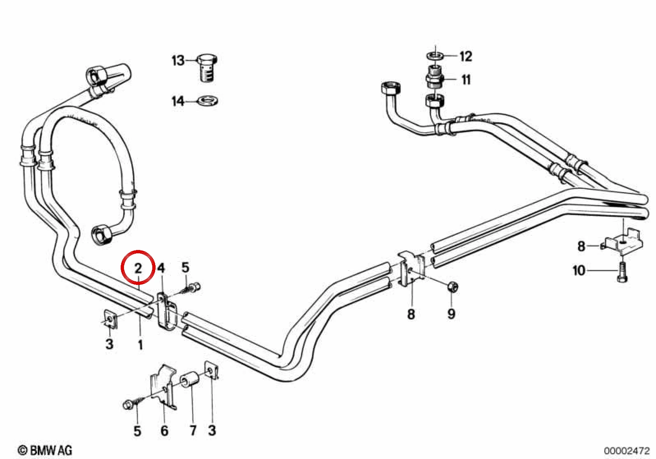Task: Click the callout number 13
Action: pyautogui.click(x=178, y=61)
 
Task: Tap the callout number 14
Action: pyautogui.click(x=178, y=101)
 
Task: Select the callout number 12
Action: pyautogui.click(x=466, y=56)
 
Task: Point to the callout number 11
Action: pyautogui.click(x=466, y=80)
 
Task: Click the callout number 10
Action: pyautogui.click(x=579, y=271)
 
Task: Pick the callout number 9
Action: pyautogui.click(x=451, y=314)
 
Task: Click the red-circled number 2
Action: pyautogui.click(x=138, y=268)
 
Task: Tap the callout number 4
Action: pyautogui.click(x=161, y=268)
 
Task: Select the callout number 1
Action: pyautogui.click(x=140, y=344)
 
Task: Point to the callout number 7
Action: pyautogui.click(x=193, y=430)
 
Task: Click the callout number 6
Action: pyautogui.click(x=164, y=430)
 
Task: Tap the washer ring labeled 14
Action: pyautogui.click(x=207, y=101)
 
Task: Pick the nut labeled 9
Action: pyautogui.click(x=453, y=287)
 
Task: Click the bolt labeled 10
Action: pyautogui.click(x=622, y=272)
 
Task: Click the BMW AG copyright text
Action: pyautogui.click(x=45, y=450)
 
